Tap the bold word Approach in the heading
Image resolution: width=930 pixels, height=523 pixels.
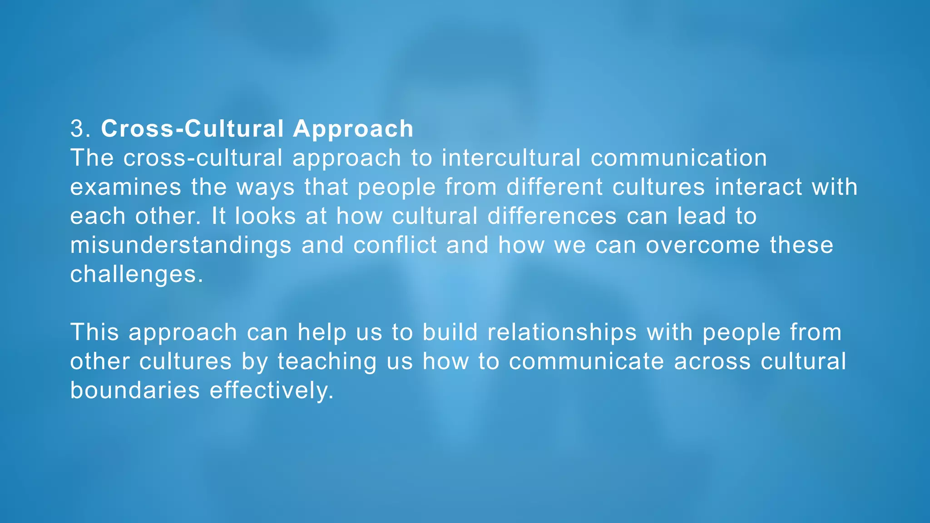click(x=353, y=128)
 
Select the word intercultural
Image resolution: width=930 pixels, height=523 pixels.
click(x=511, y=158)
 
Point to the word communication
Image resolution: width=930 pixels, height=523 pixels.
click(x=679, y=158)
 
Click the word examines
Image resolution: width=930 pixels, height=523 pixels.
click(x=126, y=187)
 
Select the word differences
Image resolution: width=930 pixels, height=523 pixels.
click(x=552, y=216)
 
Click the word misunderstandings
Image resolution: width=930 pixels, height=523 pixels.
click(x=181, y=245)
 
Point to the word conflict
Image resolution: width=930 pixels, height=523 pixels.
click(x=395, y=245)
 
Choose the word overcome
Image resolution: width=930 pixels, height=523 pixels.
click(x=703, y=245)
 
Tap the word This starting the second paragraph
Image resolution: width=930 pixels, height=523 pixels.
click(x=94, y=332)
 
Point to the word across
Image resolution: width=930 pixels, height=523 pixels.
click(x=712, y=361)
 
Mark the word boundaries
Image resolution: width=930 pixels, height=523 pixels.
click(x=135, y=390)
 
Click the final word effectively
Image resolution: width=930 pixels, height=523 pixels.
click(x=272, y=390)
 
